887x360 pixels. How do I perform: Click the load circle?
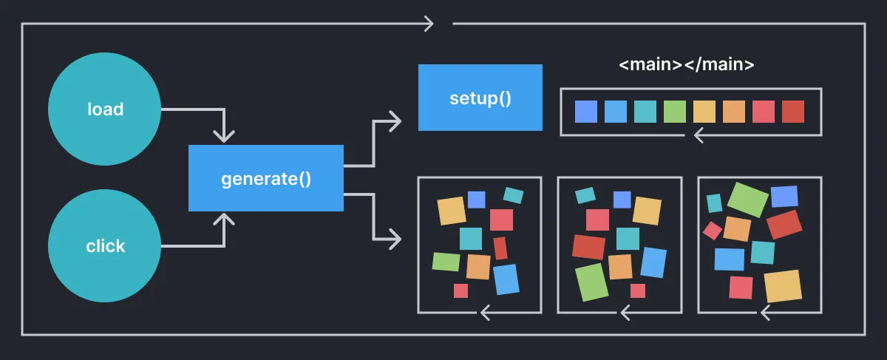(x=105, y=109)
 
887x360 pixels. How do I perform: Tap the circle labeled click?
(x=105, y=245)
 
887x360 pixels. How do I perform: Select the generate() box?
(x=266, y=178)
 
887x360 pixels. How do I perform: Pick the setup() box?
(x=480, y=98)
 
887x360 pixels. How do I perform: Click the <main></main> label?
(x=686, y=64)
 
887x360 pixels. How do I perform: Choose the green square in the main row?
(x=675, y=112)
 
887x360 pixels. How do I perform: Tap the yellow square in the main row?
(x=704, y=112)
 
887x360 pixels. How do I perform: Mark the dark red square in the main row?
(x=792, y=112)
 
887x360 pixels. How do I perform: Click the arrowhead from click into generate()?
(x=223, y=219)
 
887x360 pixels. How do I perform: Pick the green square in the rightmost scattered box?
(x=747, y=200)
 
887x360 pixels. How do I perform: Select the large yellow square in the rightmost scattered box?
(x=783, y=286)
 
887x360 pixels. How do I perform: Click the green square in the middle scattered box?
(x=591, y=282)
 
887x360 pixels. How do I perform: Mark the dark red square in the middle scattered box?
(x=588, y=247)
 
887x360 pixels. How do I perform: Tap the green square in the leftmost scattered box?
(x=446, y=262)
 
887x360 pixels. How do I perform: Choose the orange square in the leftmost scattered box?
(x=478, y=267)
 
